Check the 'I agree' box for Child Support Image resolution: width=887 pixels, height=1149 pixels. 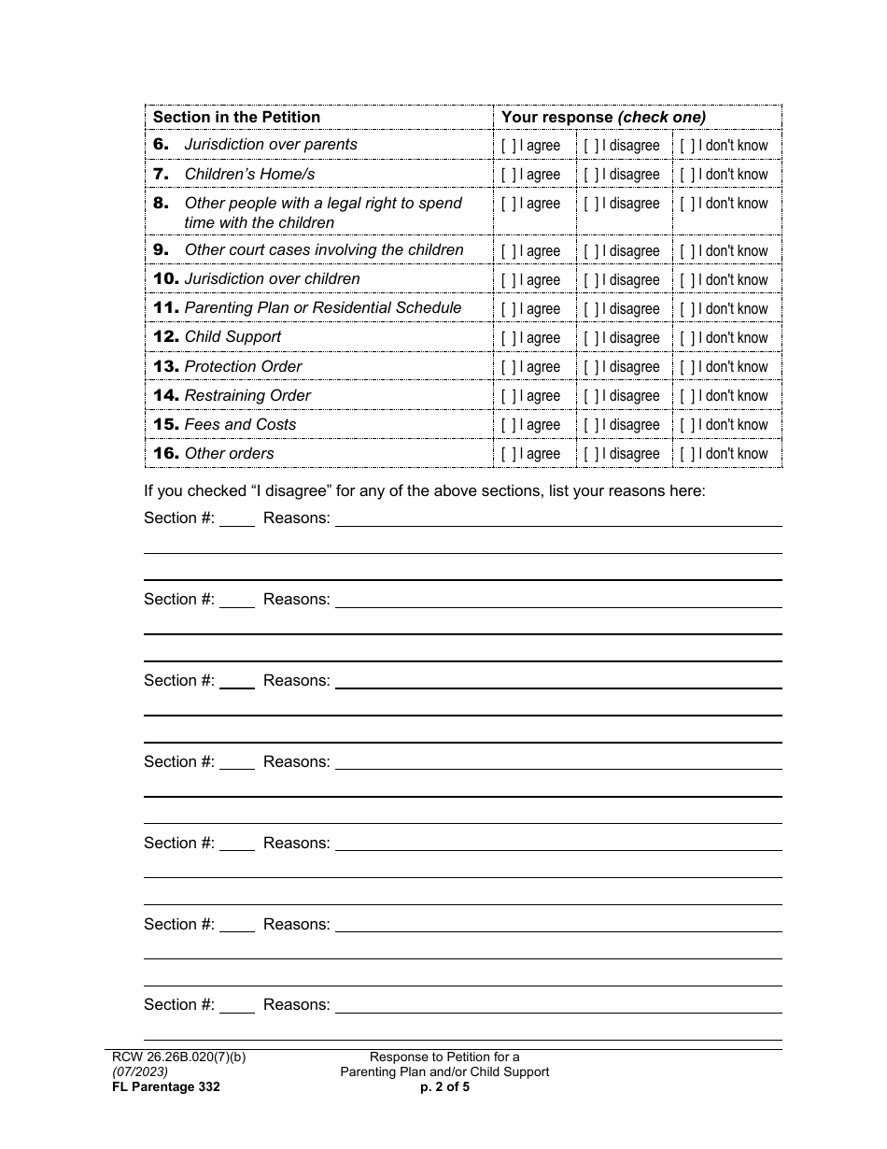coord(509,338)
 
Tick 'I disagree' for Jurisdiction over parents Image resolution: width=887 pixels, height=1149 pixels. coord(592,146)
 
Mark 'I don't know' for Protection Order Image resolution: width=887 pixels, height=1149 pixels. coord(687,367)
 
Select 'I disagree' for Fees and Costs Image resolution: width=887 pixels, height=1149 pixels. coord(592,425)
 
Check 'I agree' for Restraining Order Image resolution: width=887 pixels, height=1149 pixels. coord(509,396)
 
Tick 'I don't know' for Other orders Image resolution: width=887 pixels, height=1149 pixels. coord(687,454)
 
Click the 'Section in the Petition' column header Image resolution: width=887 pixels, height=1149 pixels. coord(236,117)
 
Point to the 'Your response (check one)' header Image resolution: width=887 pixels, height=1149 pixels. coord(603,117)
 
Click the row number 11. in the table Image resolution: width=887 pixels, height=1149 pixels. coord(165,307)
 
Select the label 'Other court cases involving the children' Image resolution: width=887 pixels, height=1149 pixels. coord(323,249)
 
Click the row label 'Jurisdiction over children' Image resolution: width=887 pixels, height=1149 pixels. coord(272,278)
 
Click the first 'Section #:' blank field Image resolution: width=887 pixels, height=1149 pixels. coord(236,519)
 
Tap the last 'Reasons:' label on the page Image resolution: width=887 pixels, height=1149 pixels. coord(296,1005)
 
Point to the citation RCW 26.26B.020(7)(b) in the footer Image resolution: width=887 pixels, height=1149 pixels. coord(177,1057)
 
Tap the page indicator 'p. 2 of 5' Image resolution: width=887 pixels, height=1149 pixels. coord(444,1086)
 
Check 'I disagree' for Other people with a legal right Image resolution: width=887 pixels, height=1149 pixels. coord(592,204)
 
